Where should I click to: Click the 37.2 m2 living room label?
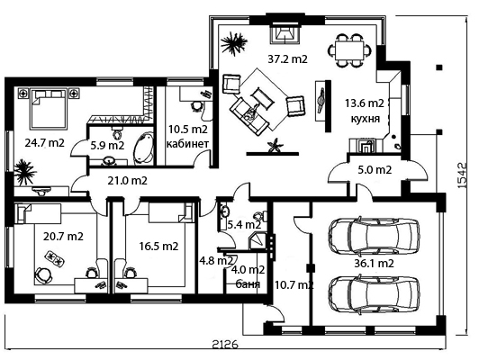click(287, 58)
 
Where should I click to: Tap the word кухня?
click(366, 119)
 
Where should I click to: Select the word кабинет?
click(187, 144)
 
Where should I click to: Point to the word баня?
click(248, 283)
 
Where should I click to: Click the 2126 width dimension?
click(225, 345)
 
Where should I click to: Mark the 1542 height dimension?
click(463, 175)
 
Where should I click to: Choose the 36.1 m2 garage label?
click(374, 264)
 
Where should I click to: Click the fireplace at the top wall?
click(285, 33)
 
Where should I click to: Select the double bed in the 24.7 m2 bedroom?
click(49, 109)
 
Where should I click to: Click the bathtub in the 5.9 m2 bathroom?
click(144, 148)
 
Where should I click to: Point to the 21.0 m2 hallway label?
click(127, 181)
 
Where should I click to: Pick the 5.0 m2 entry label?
click(375, 170)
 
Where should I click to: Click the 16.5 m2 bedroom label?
click(158, 246)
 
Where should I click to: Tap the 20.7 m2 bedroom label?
click(63, 237)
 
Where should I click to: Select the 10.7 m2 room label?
click(294, 284)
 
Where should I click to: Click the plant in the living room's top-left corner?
click(233, 42)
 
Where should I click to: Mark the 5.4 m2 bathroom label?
click(244, 224)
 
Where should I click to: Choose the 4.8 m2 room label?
click(216, 260)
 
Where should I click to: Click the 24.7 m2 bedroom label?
click(44, 143)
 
